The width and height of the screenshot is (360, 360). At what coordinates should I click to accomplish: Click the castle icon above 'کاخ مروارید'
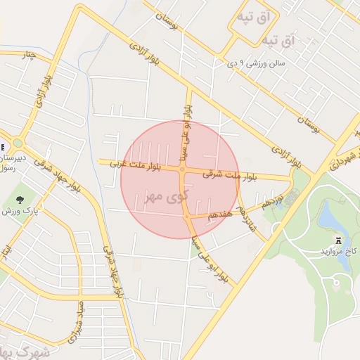pos(340,240)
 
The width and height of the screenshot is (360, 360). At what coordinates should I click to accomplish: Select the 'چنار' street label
pos(27,55)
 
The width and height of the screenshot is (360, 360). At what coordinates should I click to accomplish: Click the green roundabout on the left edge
pos(18,143)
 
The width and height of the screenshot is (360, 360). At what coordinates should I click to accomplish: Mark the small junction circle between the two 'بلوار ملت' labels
pos(182,169)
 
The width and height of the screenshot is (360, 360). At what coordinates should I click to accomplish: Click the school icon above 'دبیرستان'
pos(4,147)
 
